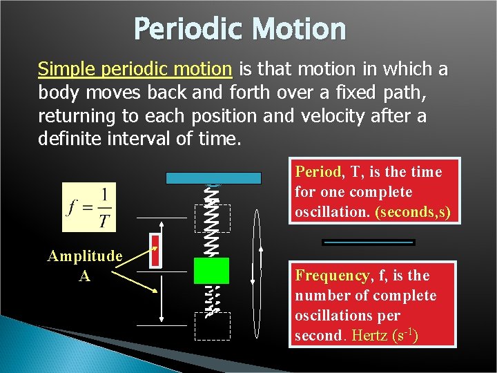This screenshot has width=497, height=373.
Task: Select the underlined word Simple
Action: coord(66,69)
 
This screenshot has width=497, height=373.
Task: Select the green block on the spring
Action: coord(211,271)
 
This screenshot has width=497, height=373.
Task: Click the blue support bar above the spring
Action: coord(213,178)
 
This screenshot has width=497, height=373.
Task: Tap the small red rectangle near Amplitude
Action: coord(156,251)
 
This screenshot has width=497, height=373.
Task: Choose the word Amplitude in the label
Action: coord(84,256)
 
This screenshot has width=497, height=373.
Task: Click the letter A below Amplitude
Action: coord(84,275)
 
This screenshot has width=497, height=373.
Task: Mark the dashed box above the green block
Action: coord(212,218)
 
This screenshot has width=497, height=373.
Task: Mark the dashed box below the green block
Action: coord(212,326)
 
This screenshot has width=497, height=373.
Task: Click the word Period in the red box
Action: coord(318,171)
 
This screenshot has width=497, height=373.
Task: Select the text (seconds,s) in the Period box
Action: coord(413,212)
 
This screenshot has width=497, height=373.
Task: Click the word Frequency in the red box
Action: coord(332,276)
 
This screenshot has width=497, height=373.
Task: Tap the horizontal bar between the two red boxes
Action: coord(369,242)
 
